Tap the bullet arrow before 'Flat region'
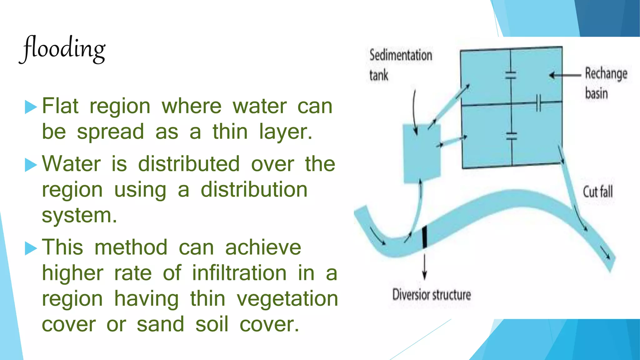click(31, 107)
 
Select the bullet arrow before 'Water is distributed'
click(31, 165)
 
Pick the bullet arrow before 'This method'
click(31, 248)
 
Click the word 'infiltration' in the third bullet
click(239, 273)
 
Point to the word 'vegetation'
click(287, 299)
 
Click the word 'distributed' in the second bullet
click(189, 164)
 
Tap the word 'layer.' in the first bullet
click(286, 132)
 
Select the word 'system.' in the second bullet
click(79, 216)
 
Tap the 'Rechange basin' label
click(606, 83)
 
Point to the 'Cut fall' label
click(597, 192)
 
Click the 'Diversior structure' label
click(431, 295)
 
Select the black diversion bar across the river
click(424, 237)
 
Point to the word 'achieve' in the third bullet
click(263, 247)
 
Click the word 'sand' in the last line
click(160, 324)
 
